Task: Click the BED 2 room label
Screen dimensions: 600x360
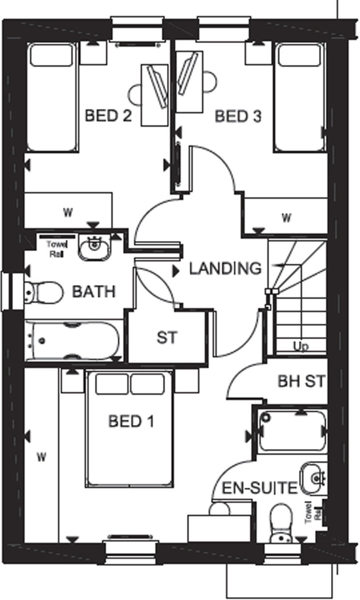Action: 108,116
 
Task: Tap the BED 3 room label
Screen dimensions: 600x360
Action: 238,117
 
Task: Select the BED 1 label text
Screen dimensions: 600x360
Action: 131,421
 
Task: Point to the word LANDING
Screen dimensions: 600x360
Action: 225,268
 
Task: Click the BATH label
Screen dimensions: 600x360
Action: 94,292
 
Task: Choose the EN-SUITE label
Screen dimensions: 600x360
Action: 259,488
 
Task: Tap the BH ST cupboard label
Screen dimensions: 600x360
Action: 302,381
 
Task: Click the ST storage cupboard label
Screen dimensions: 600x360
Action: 167,337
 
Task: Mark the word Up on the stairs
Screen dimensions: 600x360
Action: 301,346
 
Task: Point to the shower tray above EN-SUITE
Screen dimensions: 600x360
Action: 292,431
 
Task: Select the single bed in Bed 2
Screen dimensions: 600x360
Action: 51,97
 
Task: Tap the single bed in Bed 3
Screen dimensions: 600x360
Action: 300,97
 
